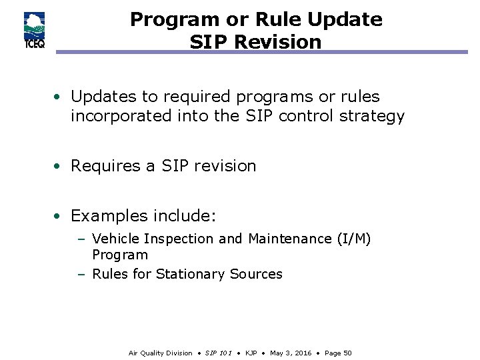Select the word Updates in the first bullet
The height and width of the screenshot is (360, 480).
[100, 97]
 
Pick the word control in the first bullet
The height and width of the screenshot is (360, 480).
[305, 116]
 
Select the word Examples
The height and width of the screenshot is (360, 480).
[109, 216]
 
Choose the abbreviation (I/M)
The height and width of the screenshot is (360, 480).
[353, 239]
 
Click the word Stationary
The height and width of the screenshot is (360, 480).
[191, 274]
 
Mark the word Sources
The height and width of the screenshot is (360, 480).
[256, 274]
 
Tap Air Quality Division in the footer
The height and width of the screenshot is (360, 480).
[160, 353]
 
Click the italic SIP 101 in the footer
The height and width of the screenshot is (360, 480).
[219, 353]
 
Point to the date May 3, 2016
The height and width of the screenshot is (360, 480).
[292, 353]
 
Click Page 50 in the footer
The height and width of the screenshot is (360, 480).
[338, 353]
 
